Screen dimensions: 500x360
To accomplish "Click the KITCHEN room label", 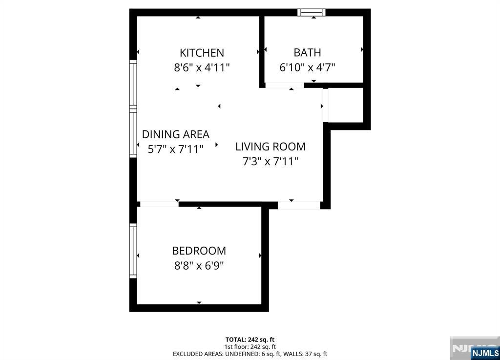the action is [x=202, y=53].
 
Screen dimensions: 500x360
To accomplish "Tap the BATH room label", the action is [x=307, y=52].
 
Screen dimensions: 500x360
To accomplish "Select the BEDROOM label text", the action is [x=199, y=251].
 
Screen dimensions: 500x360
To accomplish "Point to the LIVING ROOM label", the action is [x=271, y=147].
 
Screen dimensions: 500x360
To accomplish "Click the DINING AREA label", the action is [x=176, y=134].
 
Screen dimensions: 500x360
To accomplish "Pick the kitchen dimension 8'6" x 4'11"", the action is [x=202, y=67].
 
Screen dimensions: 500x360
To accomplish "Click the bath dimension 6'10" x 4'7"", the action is [x=307, y=67].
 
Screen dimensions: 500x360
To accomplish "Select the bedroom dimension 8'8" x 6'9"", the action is [x=199, y=266].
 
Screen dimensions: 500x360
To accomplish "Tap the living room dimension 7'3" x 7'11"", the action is [x=271, y=161].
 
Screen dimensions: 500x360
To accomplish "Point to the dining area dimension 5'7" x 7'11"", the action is [x=176, y=149].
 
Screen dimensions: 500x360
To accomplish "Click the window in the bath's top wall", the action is [x=312, y=12].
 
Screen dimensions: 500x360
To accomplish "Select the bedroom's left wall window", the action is [x=133, y=251].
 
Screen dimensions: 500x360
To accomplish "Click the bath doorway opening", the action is [x=285, y=85].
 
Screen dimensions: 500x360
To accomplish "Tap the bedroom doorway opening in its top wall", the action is [x=160, y=204].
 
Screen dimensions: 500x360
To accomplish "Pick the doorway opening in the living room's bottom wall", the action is [x=299, y=205].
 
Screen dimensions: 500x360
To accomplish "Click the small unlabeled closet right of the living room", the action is [x=345, y=105].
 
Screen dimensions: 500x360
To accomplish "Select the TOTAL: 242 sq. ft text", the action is [x=250, y=339].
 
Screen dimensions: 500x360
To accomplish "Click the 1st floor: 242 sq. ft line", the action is [x=250, y=347].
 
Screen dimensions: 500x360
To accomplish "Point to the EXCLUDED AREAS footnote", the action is [x=250, y=354].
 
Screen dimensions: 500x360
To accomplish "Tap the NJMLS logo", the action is [x=485, y=353].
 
